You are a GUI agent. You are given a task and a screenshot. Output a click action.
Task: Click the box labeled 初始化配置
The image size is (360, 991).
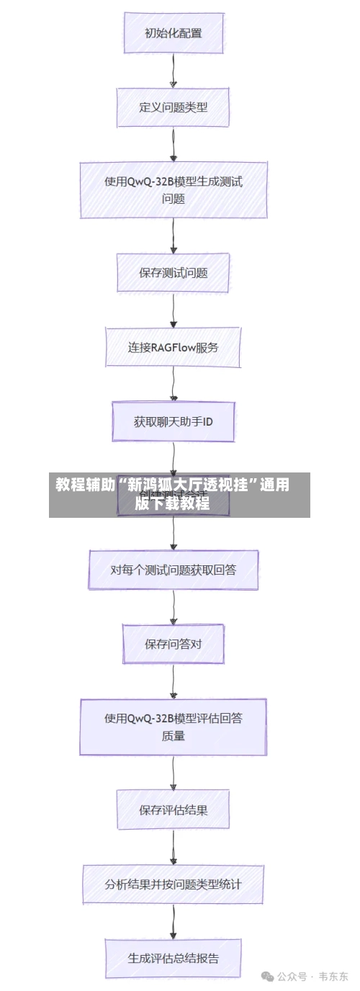pyautogui.click(x=173, y=33)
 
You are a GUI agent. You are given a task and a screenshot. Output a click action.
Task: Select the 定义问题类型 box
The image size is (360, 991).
pyautogui.click(x=173, y=107)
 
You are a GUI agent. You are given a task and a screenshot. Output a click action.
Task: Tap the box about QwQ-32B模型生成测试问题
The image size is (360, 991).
pyautogui.click(x=173, y=190)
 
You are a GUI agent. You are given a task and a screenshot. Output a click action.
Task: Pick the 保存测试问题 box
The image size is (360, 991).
pyautogui.click(x=173, y=273)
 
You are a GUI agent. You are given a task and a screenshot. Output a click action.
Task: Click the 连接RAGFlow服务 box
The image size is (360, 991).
pyautogui.click(x=173, y=347)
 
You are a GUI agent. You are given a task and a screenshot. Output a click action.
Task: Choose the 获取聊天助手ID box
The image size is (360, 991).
pyautogui.click(x=173, y=421)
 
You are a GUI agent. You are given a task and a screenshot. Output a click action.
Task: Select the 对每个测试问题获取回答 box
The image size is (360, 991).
pyautogui.click(x=173, y=570)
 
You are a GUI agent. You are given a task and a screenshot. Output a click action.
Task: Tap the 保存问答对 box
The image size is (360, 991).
pyautogui.click(x=173, y=644)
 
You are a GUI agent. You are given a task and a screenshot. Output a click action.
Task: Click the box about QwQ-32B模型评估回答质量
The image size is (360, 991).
pyautogui.click(x=173, y=726)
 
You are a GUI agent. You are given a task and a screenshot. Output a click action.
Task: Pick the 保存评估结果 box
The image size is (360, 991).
pyautogui.click(x=173, y=810)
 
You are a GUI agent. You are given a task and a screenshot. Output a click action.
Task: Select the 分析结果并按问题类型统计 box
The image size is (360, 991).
pyautogui.click(x=173, y=884)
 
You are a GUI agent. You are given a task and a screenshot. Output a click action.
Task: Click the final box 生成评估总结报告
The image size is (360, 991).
pyautogui.click(x=173, y=958)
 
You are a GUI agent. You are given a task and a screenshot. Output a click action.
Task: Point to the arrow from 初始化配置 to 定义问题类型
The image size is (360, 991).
pyautogui.click(x=174, y=71)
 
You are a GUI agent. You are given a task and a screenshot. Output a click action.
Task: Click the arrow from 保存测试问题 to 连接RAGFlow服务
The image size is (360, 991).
pyautogui.click(x=174, y=310)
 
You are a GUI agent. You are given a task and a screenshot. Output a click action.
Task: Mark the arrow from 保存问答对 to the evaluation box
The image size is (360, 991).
pyautogui.click(x=174, y=681)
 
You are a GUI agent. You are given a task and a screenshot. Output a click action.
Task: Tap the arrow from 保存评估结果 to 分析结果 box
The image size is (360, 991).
pyautogui.click(x=174, y=846)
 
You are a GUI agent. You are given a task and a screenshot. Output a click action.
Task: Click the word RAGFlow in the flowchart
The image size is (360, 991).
pyautogui.click(x=176, y=347)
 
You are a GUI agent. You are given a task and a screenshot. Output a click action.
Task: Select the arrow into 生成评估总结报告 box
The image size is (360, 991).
pyautogui.click(x=174, y=921)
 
